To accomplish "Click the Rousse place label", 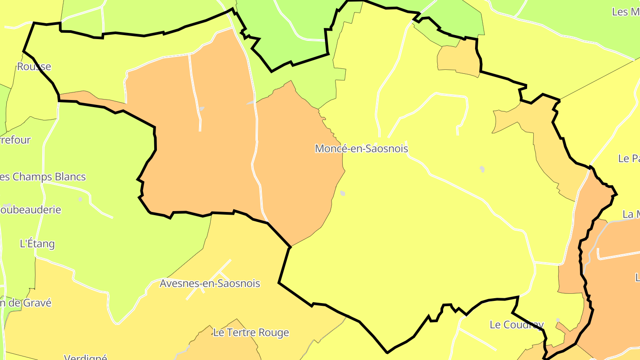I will click(34, 67).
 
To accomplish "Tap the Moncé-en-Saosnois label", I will click(361, 149).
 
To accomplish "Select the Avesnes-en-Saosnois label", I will click(210, 284).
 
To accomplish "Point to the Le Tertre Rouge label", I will click(251, 333).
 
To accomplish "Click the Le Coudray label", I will click(516, 325).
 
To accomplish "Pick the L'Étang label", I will click(37, 244).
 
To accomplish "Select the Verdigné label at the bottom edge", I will click(85, 357).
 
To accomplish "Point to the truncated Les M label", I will click(626, 12).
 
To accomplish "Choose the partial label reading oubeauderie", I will click(31, 210).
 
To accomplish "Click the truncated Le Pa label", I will click(629, 159).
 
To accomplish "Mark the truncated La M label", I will click(631, 214).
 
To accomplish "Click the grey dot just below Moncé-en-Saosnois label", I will click(343, 193).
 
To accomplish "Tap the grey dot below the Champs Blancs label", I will click(80, 199).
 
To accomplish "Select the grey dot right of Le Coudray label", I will click(558, 320).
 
